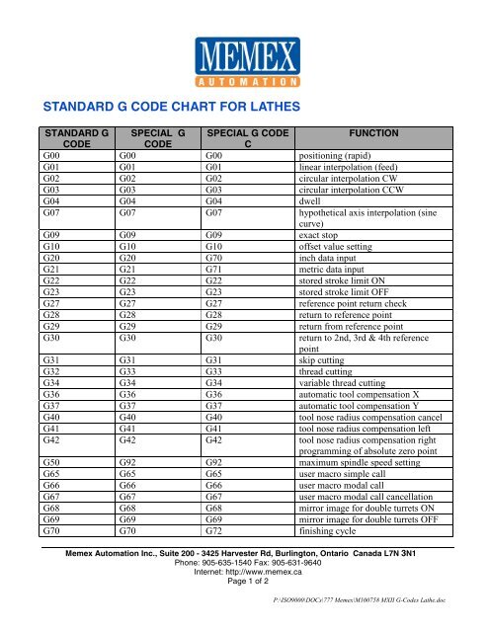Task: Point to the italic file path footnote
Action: coord(372,624)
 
